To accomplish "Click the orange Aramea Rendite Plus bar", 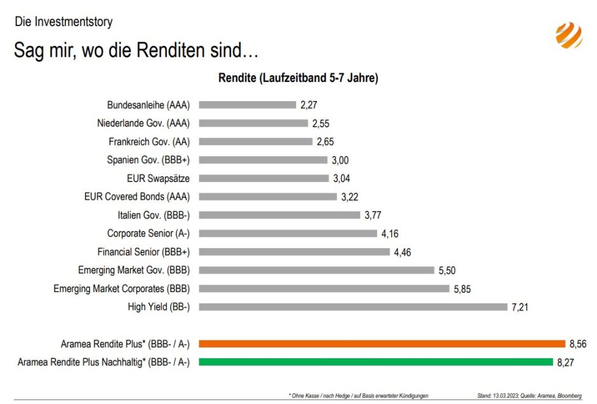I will point(382,344).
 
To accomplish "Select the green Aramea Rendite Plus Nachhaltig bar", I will point(376,362).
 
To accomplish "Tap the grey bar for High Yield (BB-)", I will point(352,307).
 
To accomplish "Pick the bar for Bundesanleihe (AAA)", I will point(247,104).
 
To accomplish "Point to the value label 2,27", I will point(309,104).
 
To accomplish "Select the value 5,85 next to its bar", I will point(462,288).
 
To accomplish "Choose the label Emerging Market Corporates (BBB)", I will point(121,288).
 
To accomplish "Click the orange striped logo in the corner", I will point(568,35).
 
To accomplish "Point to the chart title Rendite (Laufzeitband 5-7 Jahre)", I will point(298,78).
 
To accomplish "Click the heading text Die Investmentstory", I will point(64,22).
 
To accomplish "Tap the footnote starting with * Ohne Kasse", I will point(358,396).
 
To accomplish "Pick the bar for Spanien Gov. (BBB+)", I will point(263,160).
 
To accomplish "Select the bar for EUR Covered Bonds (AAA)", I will point(267,197).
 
